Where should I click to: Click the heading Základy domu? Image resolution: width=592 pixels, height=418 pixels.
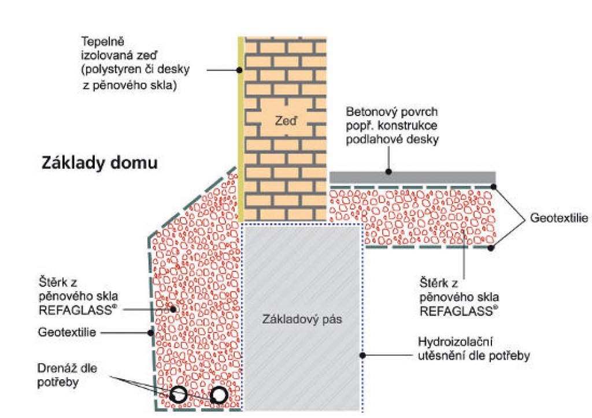99,163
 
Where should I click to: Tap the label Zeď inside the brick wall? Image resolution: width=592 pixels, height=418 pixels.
286,121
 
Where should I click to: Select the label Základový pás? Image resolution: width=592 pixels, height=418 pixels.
302,320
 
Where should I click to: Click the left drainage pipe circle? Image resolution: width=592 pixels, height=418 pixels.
178,395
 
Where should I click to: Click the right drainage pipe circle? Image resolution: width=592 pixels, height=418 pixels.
219,395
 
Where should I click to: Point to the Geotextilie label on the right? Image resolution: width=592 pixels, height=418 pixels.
559,218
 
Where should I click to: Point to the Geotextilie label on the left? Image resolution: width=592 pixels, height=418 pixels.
67,332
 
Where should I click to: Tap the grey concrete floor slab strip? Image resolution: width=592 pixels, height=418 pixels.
412,177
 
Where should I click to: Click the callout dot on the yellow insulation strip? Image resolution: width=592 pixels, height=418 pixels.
239,70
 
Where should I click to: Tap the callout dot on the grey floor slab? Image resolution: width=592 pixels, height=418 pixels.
388,172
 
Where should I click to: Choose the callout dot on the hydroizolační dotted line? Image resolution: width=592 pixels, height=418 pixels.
362,355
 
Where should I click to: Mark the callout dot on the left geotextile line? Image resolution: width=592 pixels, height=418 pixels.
151,333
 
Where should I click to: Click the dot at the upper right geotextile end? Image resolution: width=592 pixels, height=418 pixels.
494,186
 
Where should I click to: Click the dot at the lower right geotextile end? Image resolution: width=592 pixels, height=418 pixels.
490,248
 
